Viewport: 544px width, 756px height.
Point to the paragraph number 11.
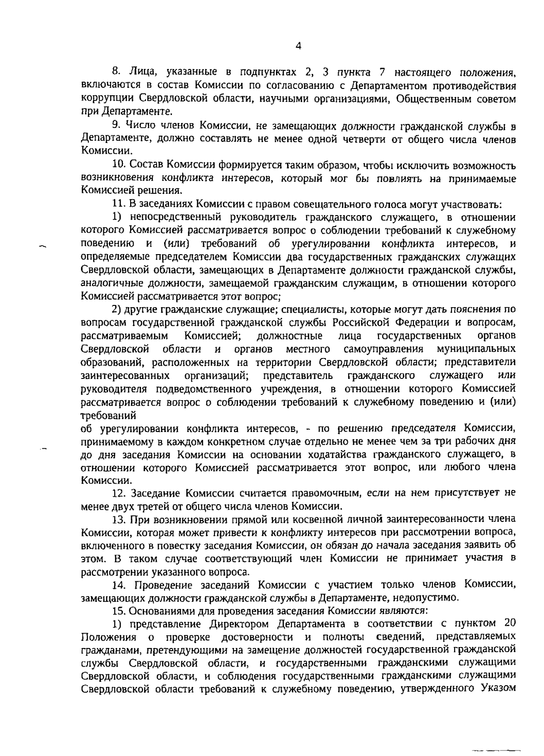118,205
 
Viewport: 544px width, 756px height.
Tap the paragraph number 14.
118,584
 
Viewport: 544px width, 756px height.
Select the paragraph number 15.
118,610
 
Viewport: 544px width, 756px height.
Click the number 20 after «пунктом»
509,623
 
